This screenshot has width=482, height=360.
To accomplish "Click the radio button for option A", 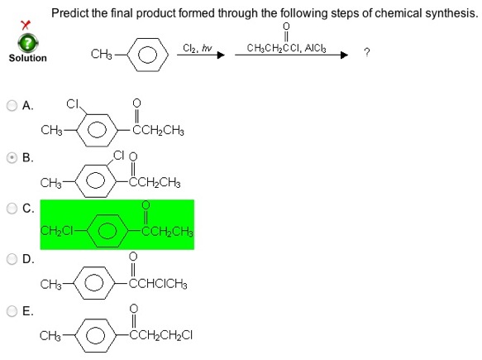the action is click(x=12, y=106).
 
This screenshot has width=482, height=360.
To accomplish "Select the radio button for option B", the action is click(x=12, y=158).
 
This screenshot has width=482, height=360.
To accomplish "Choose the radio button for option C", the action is click(x=12, y=209).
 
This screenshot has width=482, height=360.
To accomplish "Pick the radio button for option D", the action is click(x=12, y=259).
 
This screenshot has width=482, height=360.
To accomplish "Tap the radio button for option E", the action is click(x=12, y=311).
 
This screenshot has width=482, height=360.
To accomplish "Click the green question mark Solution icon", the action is click(x=28, y=43).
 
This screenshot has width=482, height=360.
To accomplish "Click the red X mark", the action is click(x=25, y=24).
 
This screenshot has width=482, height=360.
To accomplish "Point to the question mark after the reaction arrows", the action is click(x=366, y=52).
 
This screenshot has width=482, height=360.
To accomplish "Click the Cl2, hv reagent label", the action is click(x=198, y=48).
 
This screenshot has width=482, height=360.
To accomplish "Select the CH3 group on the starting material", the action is click(x=102, y=54).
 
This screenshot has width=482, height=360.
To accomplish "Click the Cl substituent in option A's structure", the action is click(x=73, y=104).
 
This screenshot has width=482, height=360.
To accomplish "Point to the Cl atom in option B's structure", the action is click(x=119, y=155).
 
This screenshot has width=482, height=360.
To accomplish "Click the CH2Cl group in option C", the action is click(x=56, y=230).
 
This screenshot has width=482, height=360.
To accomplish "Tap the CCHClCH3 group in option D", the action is click(x=158, y=284).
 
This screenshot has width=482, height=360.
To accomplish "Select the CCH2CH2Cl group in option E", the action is click(x=160, y=335).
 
